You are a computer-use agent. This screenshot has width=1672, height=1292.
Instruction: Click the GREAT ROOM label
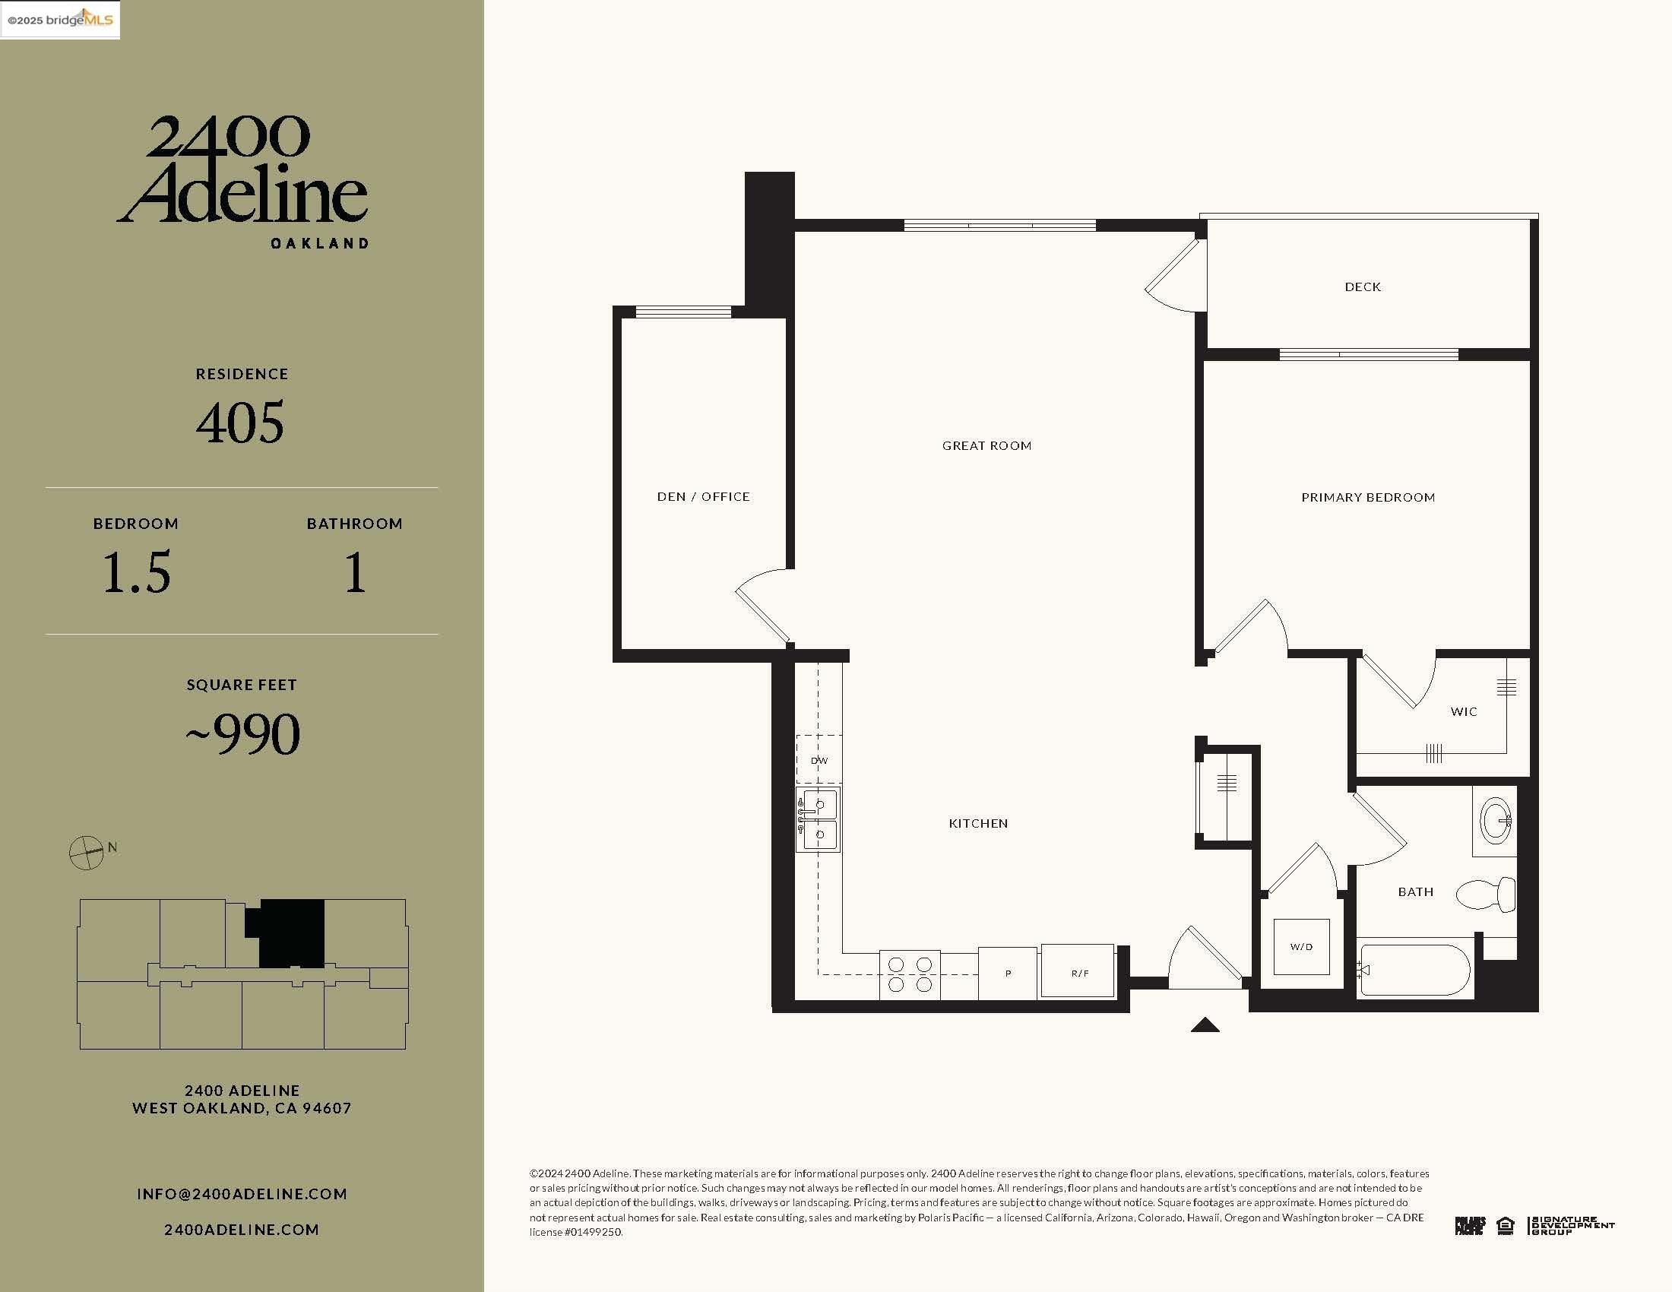[986, 445]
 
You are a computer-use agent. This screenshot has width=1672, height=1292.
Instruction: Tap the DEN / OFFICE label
[703, 497]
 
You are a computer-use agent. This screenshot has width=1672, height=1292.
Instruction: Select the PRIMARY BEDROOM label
[1367, 498]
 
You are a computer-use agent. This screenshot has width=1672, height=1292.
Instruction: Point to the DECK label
[1362, 287]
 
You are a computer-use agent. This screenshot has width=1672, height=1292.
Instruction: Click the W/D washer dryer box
[1300, 947]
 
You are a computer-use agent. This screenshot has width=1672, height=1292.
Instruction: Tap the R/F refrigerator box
[1078, 971]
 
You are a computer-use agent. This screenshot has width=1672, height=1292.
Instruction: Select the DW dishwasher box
[819, 760]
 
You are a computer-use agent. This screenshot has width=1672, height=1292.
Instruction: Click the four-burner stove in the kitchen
[910, 974]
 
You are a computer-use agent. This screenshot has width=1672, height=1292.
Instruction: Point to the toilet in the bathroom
[1486, 895]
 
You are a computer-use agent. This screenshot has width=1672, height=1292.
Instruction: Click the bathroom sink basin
[1495, 821]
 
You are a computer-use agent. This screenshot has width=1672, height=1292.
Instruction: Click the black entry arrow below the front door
[1205, 1025]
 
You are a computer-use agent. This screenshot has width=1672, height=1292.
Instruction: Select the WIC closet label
[1463, 712]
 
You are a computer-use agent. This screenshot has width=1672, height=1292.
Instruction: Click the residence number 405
[240, 423]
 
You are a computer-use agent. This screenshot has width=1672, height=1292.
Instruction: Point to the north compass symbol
[87, 853]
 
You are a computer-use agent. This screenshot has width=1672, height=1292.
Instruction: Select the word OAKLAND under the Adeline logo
[320, 243]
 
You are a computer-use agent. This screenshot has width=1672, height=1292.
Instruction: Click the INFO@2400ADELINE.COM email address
[242, 1194]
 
